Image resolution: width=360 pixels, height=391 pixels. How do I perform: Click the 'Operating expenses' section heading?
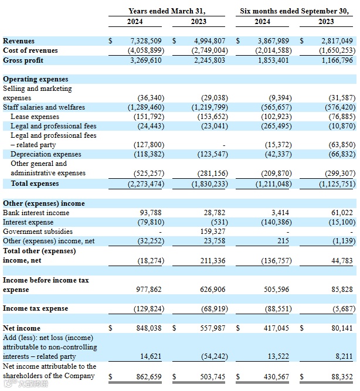35,79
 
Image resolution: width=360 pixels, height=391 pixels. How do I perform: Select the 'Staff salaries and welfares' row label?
44,107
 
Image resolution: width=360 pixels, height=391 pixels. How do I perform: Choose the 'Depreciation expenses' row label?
46,154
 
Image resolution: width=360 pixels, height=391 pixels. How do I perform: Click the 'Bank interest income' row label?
36,212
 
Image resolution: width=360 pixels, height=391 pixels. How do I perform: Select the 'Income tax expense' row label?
35,308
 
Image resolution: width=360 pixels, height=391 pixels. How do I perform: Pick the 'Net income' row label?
22,328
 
